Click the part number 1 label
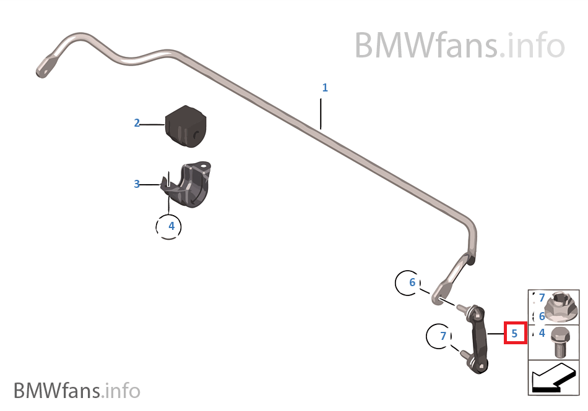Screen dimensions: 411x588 325,88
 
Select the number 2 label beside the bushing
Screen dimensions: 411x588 137,123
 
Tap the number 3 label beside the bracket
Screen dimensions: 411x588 137,184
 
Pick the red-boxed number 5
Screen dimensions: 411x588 514,333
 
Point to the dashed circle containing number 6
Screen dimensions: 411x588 412,283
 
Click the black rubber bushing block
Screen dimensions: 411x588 184,126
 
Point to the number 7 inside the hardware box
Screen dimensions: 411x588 542,298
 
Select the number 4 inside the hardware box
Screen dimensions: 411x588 542,333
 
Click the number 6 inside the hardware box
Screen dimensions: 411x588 542,316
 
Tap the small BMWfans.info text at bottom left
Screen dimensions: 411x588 77,391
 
